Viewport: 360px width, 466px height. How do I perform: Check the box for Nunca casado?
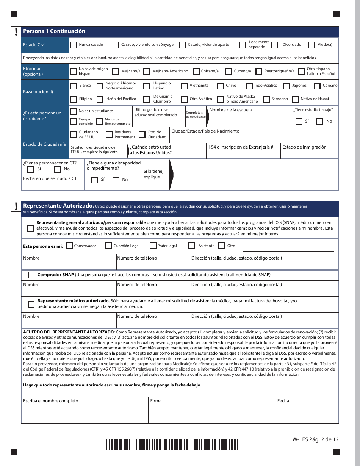click(73, 45)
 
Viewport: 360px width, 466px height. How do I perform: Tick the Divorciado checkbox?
click(275, 45)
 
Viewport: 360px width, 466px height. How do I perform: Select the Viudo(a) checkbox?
click(311, 45)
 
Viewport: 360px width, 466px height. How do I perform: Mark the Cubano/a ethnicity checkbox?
click(228, 71)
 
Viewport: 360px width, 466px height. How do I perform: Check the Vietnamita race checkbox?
click(184, 86)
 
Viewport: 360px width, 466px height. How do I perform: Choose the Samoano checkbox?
click(266, 99)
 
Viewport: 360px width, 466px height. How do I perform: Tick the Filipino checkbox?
click(73, 99)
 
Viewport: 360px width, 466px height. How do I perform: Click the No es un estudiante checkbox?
click(73, 111)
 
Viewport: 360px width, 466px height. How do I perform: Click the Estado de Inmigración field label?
click(304, 147)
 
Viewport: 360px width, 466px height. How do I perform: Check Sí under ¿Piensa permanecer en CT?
click(31, 169)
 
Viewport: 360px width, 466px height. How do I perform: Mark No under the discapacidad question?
click(116, 180)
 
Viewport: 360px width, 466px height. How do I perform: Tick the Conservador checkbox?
click(69, 246)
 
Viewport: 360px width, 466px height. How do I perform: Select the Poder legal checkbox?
click(153, 246)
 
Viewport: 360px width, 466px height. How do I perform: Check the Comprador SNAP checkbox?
click(31, 275)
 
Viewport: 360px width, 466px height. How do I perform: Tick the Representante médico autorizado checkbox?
click(31, 304)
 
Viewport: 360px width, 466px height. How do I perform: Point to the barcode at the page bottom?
click(172, 444)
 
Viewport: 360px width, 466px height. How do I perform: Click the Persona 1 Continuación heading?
click(54, 31)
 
